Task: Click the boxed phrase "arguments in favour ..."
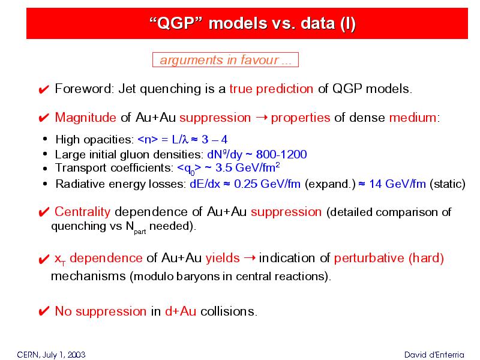point(226,60)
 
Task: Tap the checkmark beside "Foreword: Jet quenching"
point(44,89)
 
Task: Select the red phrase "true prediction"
point(271,89)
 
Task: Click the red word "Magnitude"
point(85,118)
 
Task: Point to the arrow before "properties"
point(262,117)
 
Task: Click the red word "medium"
point(413,118)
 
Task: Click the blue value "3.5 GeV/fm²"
point(247,168)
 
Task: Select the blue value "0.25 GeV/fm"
point(267,184)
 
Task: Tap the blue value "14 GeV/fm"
point(397,184)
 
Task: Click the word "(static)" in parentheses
point(448,184)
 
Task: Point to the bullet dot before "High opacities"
point(45,139)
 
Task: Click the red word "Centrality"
point(82,212)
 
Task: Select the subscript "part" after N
point(140,232)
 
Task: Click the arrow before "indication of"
point(250,258)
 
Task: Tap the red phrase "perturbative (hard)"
point(389,258)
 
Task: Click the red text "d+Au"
point(181,311)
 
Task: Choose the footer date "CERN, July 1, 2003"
point(51,355)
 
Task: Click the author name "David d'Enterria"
point(434,355)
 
